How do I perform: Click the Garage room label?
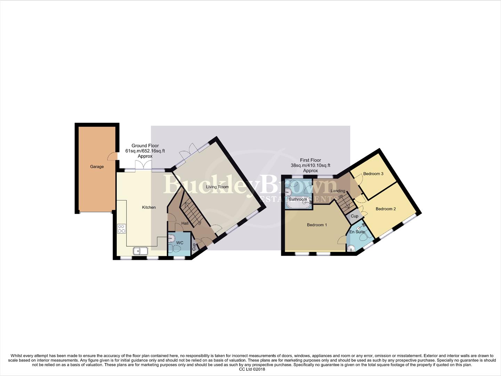point(97,167)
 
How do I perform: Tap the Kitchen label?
point(149,207)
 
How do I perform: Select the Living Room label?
point(217,187)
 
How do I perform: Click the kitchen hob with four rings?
point(122,229)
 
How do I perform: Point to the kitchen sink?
point(140,251)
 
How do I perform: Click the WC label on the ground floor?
point(180,243)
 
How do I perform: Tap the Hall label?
point(185,224)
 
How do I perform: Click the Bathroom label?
point(298,199)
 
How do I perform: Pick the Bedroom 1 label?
point(317,225)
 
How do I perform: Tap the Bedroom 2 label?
point(386,209)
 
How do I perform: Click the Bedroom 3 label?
point(373,174)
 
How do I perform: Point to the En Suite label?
point(357,232)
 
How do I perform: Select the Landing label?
point(338,191)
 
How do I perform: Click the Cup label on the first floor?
point(354,216)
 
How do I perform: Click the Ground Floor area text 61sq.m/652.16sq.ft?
point(145,151)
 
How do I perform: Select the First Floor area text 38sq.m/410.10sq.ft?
point(310,165)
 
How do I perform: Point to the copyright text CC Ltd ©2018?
point(252,369)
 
